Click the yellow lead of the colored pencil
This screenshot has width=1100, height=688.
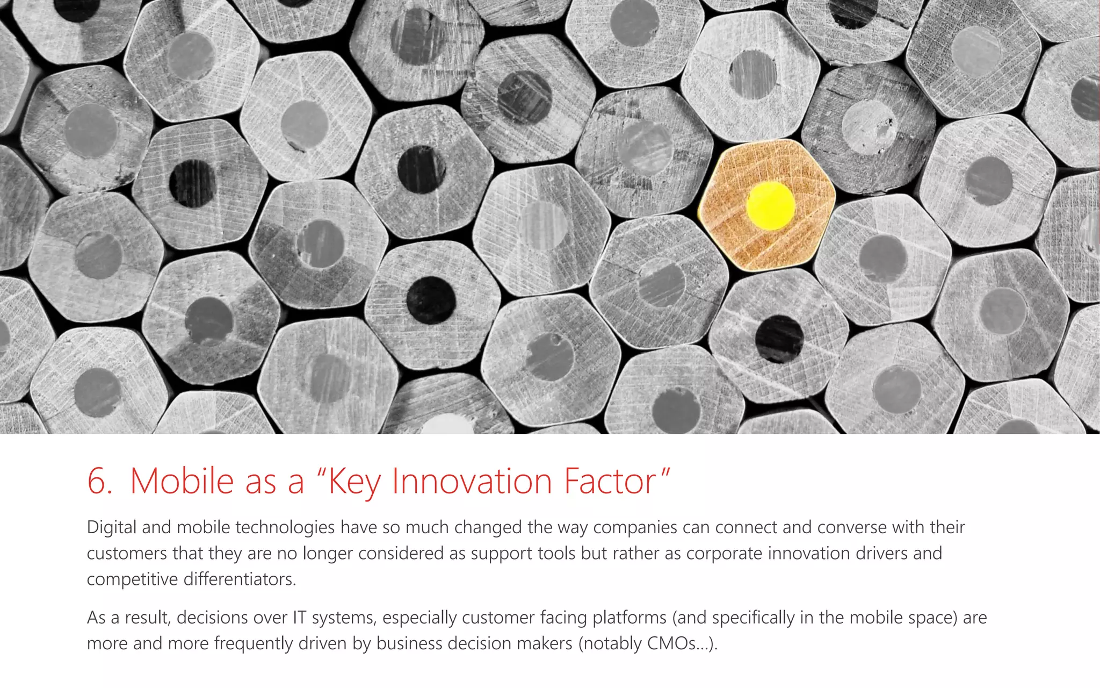click(770, 205)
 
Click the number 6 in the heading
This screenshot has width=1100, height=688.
click(98, 481)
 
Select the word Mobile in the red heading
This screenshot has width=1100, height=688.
click(182, 481)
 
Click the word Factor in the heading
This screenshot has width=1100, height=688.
click(610, 481)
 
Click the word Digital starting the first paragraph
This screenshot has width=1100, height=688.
click(112, 527)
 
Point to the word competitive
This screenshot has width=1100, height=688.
click(132, 579)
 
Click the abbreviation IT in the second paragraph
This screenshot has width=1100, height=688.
click(299, 618)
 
